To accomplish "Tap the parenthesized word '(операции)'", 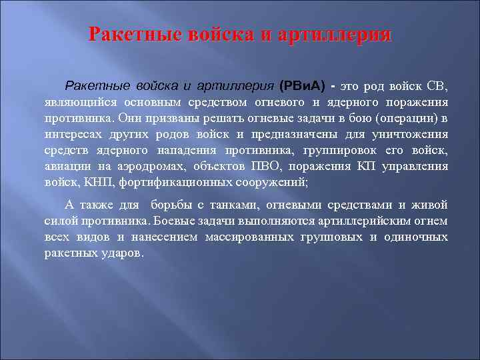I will point(407,118).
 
